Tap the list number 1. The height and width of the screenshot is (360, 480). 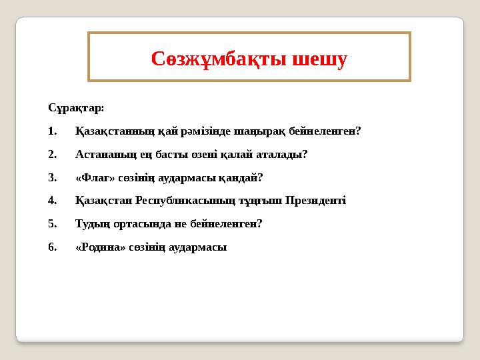[x=53, y=131]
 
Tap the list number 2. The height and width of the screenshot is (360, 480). [x=53, y=154]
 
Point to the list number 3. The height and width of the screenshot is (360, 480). [x=53, y=177]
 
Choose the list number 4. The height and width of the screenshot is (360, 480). [x=53, y=201]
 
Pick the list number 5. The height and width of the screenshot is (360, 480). [x=53, y=224]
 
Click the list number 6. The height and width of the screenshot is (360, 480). [x=53, y=247]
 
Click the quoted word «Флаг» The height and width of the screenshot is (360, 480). [x=94, y=177]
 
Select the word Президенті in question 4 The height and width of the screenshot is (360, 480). [x=315, y=201]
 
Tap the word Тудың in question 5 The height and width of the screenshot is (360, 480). [x=90, y=224]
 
